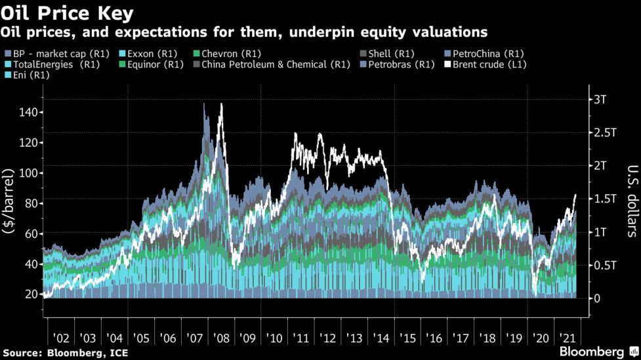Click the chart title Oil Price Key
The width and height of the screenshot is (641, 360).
point(68,12)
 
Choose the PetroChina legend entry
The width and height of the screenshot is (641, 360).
point(482,53)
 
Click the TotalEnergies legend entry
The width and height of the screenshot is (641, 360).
point(52,64)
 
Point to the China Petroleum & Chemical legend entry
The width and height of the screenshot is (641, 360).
point(272,64)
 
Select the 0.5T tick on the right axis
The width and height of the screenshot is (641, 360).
point(604,265)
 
